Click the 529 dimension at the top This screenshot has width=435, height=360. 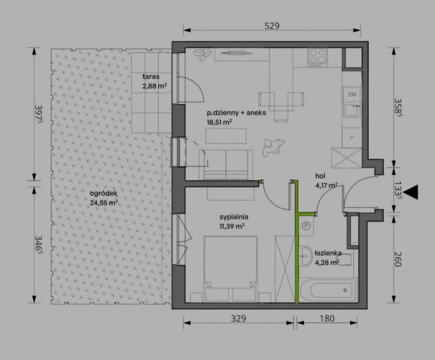point(272,26)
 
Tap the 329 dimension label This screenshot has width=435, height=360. point(239,318)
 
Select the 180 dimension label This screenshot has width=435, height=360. point(327,318)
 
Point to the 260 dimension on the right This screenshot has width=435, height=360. point(398,259)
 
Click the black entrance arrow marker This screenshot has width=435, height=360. point(411,192)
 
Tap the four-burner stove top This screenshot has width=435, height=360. point(317,57)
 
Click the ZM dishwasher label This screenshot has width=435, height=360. point(352,94)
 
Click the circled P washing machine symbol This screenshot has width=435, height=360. point(306,226)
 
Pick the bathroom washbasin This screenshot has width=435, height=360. point(305,255)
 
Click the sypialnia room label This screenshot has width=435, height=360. point(234,217)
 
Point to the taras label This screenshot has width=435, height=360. point(151,77)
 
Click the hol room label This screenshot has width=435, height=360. point(320,176)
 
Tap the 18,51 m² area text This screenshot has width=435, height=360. point(219,122)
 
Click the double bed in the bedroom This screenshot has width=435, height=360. point(230,268)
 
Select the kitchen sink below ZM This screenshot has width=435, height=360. point(352,110)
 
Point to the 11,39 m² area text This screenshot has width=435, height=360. point(232,226)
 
